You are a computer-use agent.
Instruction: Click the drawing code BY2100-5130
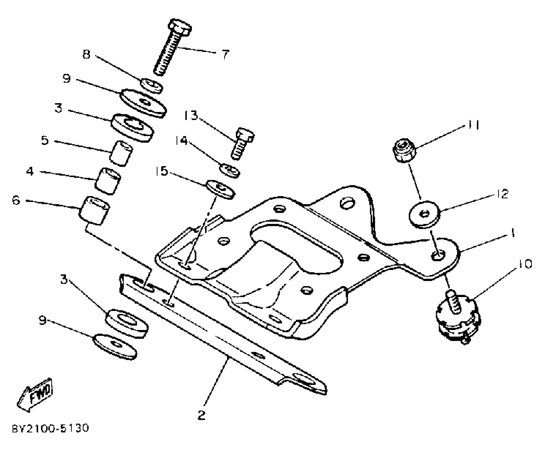[50, 428]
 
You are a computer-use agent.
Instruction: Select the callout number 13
[191, 116]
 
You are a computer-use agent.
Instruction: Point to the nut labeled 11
[404, 150]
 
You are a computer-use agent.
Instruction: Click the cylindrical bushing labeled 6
[94, 210]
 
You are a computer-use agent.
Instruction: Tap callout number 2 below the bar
[201, 415]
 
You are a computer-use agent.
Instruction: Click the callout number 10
[524, 264]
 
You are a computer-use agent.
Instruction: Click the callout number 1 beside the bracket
[513, 233]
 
